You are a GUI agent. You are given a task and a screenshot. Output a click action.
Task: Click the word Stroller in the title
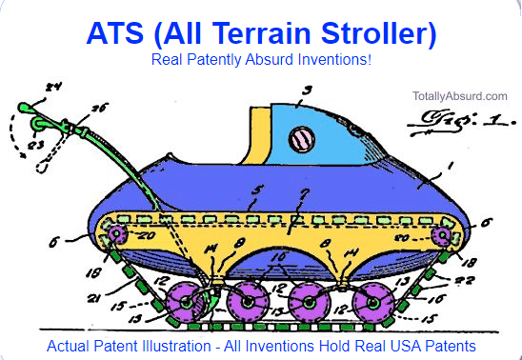373,33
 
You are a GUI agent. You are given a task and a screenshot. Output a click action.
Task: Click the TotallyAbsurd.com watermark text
460,96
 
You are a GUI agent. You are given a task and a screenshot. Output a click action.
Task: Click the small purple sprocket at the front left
116,234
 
